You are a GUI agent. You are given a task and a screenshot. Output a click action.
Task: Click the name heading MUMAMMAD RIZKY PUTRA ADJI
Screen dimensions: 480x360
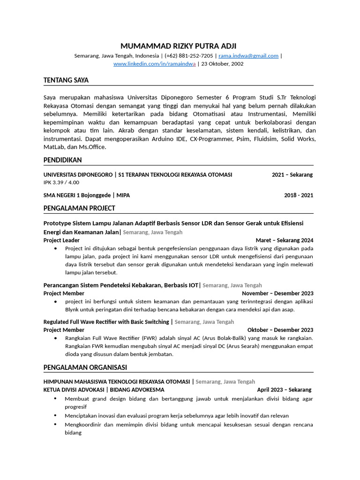coord(179,46)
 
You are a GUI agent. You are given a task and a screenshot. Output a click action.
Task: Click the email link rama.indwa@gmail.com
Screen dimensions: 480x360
coord(248,56)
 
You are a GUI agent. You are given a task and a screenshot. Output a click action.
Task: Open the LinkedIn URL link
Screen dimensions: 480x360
coord(154,64)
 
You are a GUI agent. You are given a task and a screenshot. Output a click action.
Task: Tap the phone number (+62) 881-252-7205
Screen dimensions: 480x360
coord(189,56)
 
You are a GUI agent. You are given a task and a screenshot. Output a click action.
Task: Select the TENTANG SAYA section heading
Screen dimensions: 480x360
coord(66,80)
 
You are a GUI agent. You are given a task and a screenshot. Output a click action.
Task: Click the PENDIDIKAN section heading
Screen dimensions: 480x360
coord(62,160)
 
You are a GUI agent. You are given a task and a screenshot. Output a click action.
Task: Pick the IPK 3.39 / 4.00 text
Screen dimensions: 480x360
coord(61,182)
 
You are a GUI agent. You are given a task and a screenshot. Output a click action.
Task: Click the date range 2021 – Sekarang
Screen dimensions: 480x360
coord(292,175)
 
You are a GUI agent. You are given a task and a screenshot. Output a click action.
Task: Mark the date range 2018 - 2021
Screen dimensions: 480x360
coord(299,195)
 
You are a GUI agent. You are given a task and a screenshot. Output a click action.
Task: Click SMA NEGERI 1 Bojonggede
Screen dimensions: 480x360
coord(77,195)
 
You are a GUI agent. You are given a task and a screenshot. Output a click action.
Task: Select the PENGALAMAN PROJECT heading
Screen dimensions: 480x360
coord(79,208)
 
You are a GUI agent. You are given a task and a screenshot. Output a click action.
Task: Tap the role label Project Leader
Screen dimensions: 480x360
coord(61,240)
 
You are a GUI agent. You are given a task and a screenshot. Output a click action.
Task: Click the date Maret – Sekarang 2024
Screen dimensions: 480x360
coord(285,240)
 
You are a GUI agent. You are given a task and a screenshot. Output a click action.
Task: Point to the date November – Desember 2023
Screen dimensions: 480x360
coord(277,293)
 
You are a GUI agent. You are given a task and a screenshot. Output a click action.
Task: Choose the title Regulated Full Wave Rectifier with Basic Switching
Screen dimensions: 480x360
coord(106,322)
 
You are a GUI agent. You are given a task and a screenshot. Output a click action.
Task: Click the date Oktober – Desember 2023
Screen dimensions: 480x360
coord(280,330)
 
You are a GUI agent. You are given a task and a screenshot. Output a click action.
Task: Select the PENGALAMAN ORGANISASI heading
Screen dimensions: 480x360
coord(85,367)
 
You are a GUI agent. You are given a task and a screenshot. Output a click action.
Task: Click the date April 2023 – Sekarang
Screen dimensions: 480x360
coord(284,390)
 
